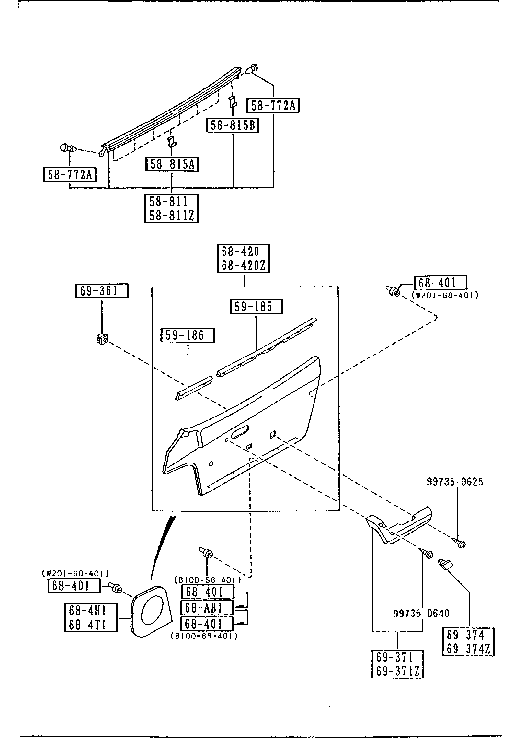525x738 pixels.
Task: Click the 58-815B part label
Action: (233, 125)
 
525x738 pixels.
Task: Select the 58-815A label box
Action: (172, 164)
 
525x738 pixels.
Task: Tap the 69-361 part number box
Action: (102, 290)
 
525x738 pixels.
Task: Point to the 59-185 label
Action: (256, 306)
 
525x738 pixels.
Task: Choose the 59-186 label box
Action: (188, 335)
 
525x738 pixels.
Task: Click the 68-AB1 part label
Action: (207, 608)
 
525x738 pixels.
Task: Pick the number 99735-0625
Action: (454, 491)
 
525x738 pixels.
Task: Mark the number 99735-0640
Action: (421, 613)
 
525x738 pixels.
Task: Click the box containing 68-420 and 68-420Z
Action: (243, 259)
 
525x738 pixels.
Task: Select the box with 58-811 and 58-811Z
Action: (171, 208)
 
